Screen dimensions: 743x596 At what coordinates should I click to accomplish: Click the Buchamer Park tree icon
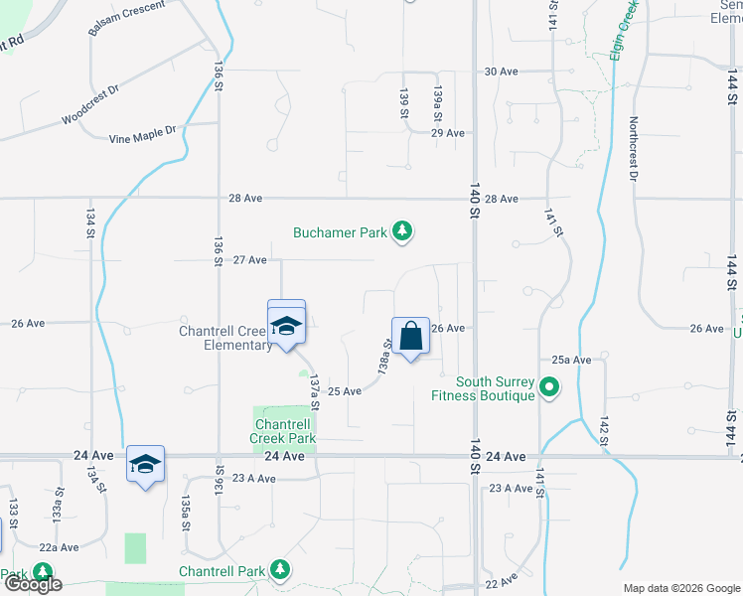[402, 232]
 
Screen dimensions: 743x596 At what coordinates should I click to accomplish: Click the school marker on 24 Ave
[145, 463]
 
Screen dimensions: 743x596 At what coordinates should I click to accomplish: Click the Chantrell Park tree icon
[281, 569]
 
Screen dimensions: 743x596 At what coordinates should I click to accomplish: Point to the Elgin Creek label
[623, 30]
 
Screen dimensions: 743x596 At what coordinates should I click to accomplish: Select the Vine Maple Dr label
[142, 130]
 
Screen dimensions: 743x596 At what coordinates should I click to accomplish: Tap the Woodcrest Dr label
[90, 103]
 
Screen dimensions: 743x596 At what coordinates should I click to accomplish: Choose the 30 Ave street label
[502, 72]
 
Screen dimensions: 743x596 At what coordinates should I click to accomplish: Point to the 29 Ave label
[448, 132]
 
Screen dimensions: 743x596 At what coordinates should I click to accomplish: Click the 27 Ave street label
[249, 260]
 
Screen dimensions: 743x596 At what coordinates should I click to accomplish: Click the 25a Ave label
[572, 360]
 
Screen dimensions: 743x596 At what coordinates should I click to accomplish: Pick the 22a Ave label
[59, 547]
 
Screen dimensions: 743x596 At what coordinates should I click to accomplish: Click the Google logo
[33, 584]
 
